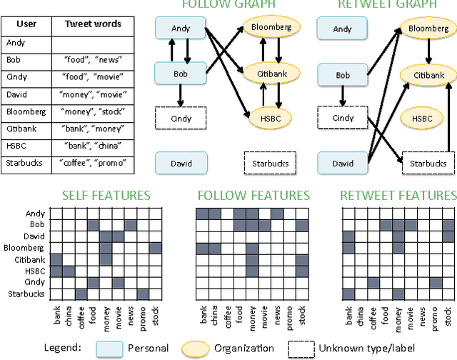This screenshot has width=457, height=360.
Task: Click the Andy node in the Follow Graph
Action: click(x=181, y=29)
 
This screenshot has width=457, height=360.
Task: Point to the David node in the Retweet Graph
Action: click(x=343, y=164)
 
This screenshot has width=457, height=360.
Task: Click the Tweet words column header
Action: click(x=93, y=24)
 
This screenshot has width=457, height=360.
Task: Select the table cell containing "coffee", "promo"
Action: click(x=93, y=164)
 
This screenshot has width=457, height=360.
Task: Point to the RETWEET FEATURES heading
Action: click(x=398, y=196)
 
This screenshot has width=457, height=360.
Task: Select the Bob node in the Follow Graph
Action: click(x=181, y=74)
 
